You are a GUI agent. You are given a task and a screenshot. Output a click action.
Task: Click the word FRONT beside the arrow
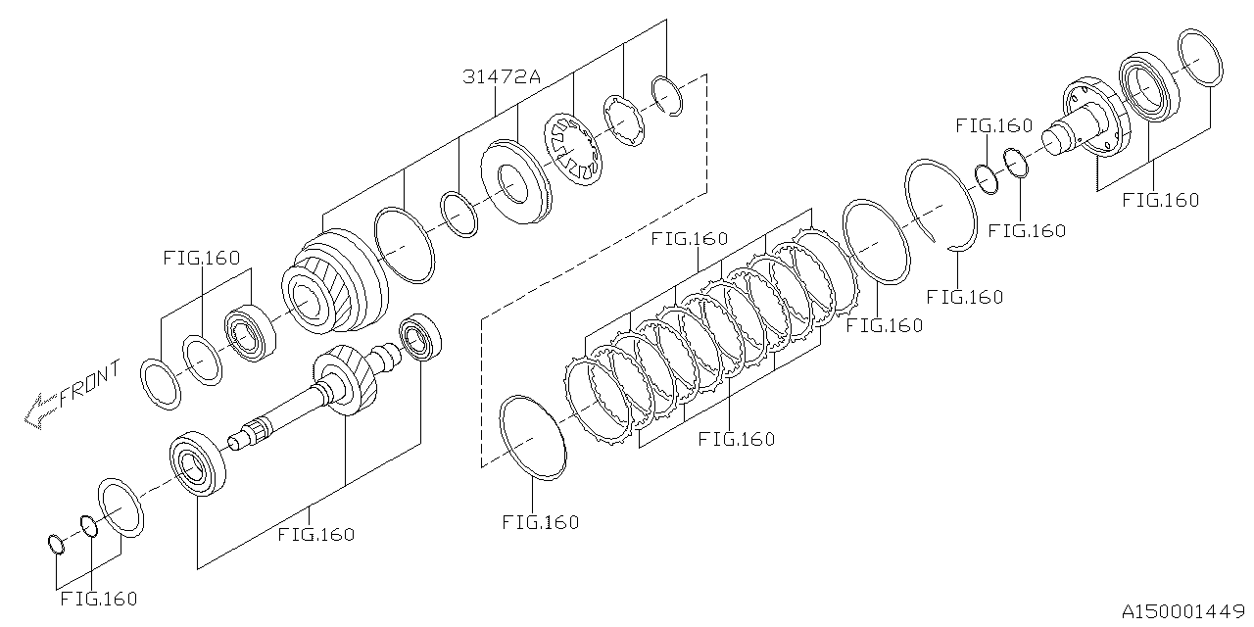90,384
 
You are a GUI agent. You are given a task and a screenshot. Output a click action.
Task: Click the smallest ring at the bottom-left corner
56,542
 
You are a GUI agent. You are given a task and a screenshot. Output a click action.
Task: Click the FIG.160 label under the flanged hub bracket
1160,200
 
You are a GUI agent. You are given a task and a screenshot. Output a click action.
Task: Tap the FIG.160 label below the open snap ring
964,296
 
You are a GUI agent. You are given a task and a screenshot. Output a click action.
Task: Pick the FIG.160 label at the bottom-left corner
98,598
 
